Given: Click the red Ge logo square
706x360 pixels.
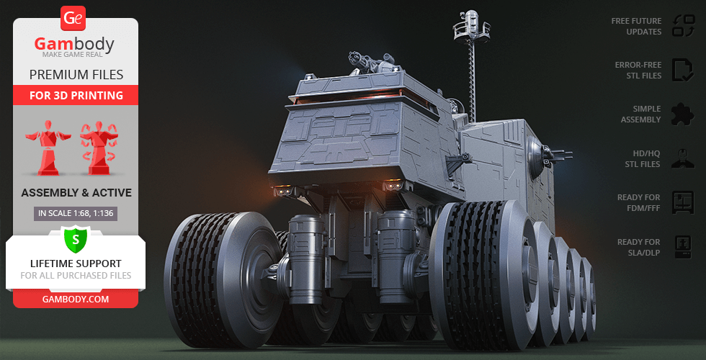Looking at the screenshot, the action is pos(73,19).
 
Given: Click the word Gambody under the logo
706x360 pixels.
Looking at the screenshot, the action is pos(74,45).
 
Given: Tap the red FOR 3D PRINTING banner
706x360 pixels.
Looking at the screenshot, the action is pos(76,95).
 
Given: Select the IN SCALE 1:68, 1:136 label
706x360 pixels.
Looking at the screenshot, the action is pos(76,214).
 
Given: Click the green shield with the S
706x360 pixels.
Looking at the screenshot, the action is pos(76,240).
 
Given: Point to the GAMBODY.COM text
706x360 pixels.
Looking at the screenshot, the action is pos(76,300).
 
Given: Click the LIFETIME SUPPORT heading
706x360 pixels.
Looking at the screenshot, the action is pos(76,264).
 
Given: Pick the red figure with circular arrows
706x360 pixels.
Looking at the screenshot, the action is pos(99,148).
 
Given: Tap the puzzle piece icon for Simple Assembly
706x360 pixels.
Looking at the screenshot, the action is pos(683,114).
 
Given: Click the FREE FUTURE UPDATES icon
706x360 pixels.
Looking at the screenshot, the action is pos(684,26).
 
